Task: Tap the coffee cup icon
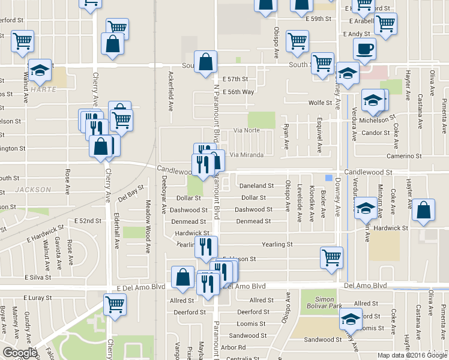pyautogui.click(x=365, y=49)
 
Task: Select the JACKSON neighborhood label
pyautogui.click(x=34, y=190)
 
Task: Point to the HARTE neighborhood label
pyautogui.click(x=44, y=89)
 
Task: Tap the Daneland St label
pyautogui.click(x=257, y=186)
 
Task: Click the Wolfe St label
pyautogui.click(x=320, y=103)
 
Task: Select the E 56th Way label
pyautogui.click(x=238, y=92)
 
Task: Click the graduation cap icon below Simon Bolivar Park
pyautogui.click(x=351, y=319)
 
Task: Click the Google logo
pyautogui.click(x=19, y=353)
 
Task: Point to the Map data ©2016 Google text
pyautogui.click(x=412, y=355)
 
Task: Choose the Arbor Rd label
pyautogui.click(x=234, y=347)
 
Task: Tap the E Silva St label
pyautogui.click(x=38, y=277)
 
